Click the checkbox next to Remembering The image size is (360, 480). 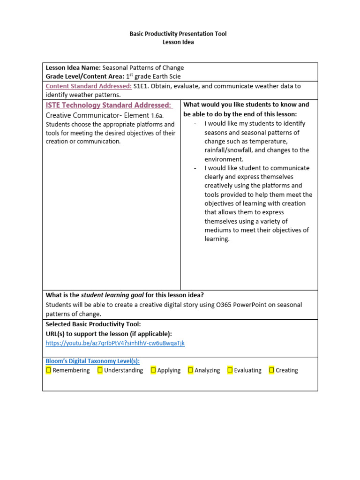point(49,370)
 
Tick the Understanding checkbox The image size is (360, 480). point(100,370)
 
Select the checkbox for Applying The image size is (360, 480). point(153,370)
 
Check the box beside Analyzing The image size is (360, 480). point(190,370)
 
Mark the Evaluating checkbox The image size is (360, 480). point(230,370)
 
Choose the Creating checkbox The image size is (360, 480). point(271,370)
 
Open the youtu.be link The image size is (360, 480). point(115,343)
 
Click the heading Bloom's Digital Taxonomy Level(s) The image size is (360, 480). point(92,361)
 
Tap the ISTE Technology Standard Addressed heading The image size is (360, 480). point(108,105)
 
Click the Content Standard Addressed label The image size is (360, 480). point(89,86)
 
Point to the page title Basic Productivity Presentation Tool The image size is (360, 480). point(178,34)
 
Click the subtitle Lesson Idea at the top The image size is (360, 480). point(178,42)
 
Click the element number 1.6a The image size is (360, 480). point(157,115)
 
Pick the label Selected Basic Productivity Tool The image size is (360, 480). point(93,324)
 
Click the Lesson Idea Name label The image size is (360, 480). point(73,67)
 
